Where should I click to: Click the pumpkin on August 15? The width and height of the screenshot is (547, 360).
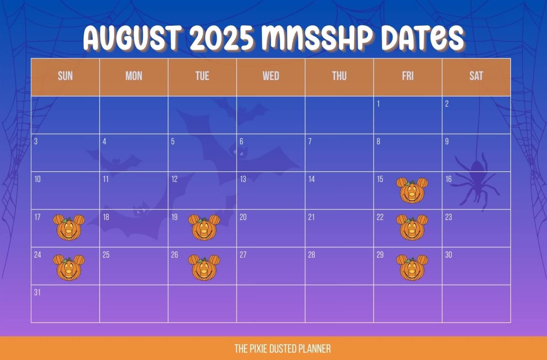[412, 191]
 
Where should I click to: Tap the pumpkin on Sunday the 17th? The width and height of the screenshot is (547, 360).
[69, 228]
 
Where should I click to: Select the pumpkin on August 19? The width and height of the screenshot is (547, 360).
[204, 228]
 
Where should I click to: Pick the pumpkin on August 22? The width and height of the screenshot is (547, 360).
[412, 228]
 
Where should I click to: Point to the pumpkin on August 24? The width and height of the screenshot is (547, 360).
[69, 268]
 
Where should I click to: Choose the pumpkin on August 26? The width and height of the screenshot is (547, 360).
[204, 268]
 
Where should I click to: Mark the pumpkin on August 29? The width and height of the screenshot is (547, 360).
[412, 268]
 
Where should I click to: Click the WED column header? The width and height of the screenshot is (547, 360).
[271, 76]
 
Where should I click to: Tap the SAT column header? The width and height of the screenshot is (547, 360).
[476, 76]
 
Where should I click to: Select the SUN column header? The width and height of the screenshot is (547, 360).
[65, 76]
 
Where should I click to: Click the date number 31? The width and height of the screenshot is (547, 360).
[37, 292]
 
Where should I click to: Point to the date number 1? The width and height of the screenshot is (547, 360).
[378, 104]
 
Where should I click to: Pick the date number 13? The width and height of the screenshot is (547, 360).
[243, 179]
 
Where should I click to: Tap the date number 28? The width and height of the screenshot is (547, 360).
[312, 255]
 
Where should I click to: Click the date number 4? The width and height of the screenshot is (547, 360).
[104, 141]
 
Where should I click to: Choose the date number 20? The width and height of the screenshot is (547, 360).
[243, 217]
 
